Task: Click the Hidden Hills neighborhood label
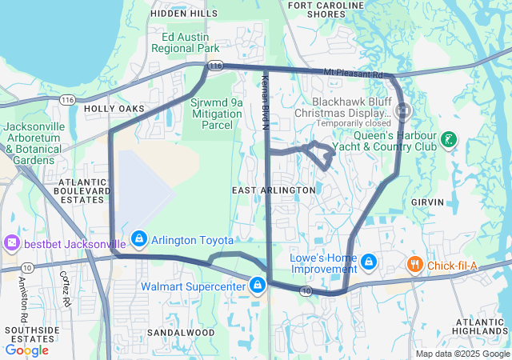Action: click(x=183, y=14)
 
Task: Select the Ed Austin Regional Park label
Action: click(x=190, y=42)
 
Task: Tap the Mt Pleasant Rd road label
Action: click(x=354, y=74)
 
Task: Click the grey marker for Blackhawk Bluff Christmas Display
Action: click(x=402, y=110)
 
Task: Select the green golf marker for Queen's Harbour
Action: click(x=449, y=139)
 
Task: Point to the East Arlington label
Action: click(x=274, y=190)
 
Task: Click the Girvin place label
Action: click(x=426, y=203)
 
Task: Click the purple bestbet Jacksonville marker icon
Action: click(x=12, y=242)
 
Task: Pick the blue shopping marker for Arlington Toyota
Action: click(x=139, y=238)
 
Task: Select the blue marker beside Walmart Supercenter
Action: click(x=257, y=284)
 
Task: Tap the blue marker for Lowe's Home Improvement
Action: click(x=369, y=261)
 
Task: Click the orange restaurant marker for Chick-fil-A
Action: click(x=414, y=263)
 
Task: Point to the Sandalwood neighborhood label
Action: click(x=181, y=332)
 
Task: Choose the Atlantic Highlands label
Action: click(x=480, y=326)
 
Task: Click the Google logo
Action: click(x=27, y=350)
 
